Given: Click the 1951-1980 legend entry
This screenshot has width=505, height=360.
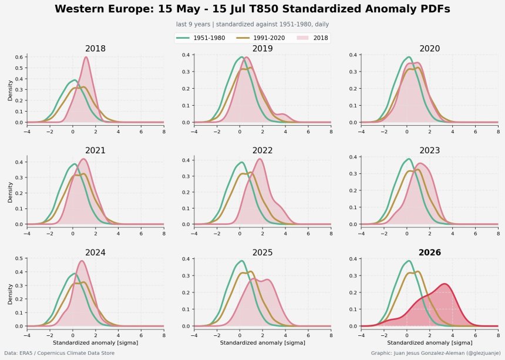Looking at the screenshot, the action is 201,38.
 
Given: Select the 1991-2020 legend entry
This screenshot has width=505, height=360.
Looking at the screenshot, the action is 261,38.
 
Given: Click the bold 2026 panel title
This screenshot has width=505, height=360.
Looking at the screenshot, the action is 430,253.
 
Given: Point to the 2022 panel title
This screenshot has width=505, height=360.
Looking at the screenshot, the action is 262,150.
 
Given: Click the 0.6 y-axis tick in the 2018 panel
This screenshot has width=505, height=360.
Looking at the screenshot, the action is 19,57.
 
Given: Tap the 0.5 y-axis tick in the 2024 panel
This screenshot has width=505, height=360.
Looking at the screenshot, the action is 19,258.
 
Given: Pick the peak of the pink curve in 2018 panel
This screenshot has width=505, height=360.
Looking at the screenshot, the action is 86,57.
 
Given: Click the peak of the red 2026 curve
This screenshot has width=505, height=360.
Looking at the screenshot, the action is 445,284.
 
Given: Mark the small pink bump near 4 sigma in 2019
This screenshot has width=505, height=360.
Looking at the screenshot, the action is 282,115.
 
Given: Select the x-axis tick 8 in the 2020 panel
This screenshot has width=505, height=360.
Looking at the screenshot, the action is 498,132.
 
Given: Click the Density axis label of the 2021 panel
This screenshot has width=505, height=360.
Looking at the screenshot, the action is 10,192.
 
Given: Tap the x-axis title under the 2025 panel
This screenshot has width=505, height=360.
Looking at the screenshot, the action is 262,342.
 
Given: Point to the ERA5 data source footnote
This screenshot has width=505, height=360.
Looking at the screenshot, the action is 59,353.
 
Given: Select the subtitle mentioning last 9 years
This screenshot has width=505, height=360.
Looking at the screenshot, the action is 253,24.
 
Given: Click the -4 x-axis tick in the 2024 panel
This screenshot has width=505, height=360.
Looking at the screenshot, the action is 27,335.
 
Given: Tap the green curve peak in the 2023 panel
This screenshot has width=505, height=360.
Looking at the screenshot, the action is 409,159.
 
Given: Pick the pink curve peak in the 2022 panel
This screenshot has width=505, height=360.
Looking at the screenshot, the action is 260,159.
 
